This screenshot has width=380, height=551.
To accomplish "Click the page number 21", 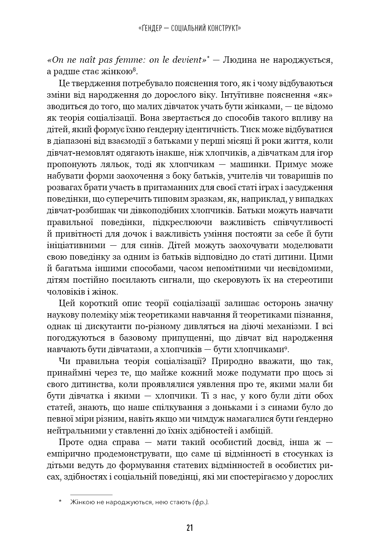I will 189,528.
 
